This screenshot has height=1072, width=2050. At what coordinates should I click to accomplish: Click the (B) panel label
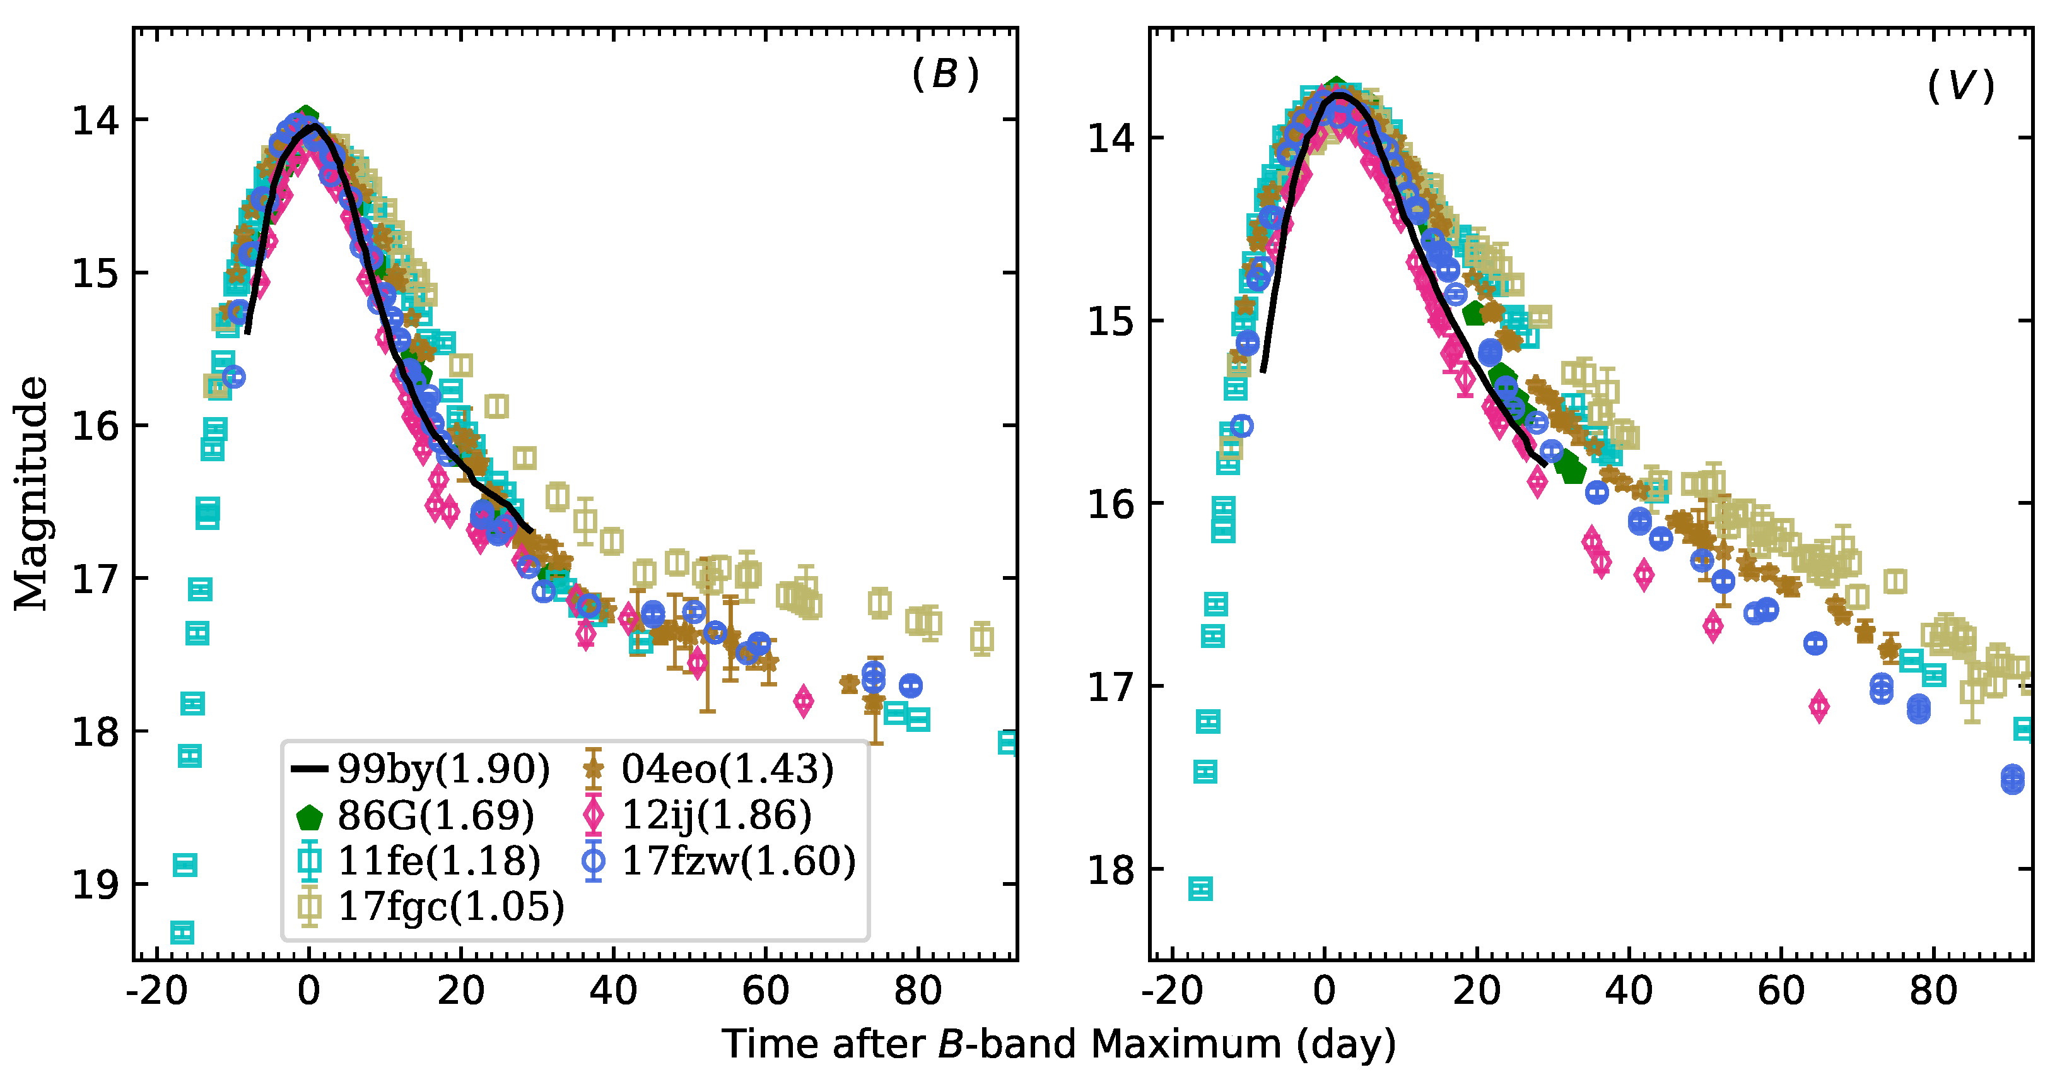(x=945, y=75)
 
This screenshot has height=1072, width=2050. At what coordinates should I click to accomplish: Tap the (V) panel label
(x=1960, y=85)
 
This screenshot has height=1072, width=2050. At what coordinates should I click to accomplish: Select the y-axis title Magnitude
(x=30, y=493)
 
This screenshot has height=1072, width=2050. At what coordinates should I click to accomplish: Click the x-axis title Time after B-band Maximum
(x=1058, y=1044)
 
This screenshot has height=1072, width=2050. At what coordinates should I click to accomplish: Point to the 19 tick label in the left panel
(x=95, y=884)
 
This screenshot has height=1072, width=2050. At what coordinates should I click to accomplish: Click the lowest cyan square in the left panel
(x=182, y=932)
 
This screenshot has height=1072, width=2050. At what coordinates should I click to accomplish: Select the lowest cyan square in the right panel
(x=1200, y=888)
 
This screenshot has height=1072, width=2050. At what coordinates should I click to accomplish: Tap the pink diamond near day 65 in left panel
(x=804, y=701)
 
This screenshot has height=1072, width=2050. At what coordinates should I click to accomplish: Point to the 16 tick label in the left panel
(x=95, y=426)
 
